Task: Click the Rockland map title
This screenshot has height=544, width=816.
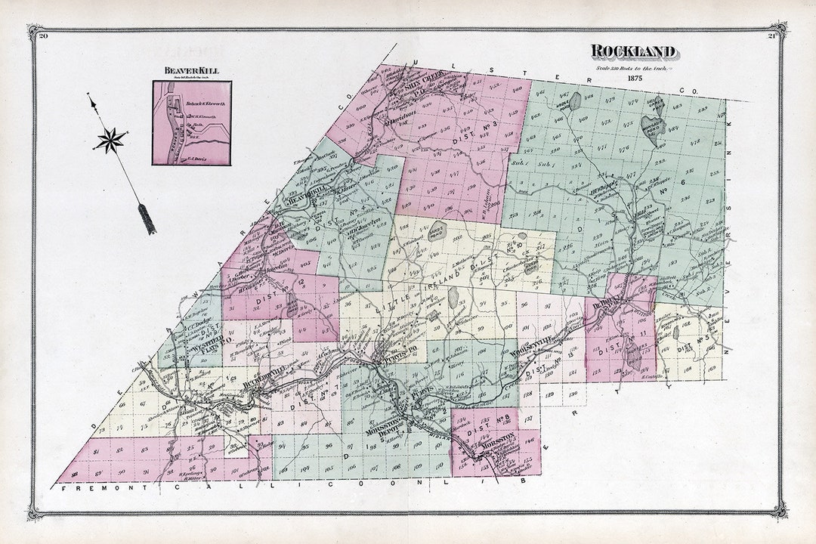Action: [x=632, y=51]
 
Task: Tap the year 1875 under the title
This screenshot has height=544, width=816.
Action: [x=634, y=78]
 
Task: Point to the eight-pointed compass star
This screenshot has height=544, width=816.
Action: [x=111, y=141]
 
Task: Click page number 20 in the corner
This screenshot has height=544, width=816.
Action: [x=42, y=36]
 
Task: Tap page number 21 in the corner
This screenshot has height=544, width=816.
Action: [x=772, y=36]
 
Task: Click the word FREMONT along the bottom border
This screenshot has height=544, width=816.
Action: [x=106, y=490]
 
